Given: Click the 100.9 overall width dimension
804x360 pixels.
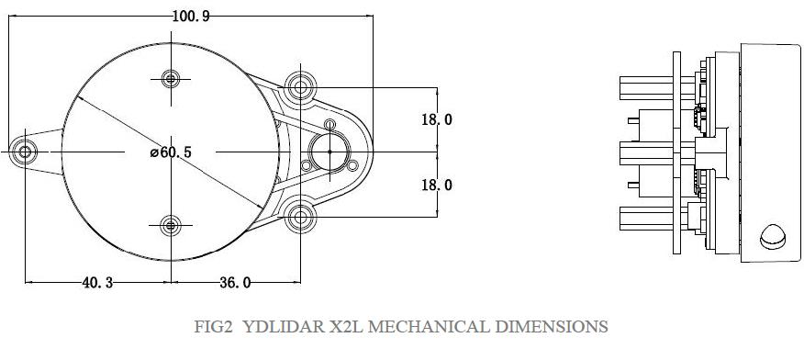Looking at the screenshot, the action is (191, 17).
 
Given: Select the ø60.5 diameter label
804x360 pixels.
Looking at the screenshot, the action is (171, 152).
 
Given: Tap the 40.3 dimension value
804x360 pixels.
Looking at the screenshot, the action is (97, 283).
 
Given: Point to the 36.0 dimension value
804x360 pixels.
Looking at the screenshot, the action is (235, 283).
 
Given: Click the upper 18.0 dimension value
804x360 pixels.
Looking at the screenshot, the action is (437, 119).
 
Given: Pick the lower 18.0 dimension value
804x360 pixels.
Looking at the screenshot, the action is (437, 185).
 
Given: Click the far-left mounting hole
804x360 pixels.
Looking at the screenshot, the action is (24, 152).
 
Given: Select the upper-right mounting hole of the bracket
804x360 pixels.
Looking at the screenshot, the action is (300, 86).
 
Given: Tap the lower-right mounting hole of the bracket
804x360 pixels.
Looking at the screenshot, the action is (300, 218).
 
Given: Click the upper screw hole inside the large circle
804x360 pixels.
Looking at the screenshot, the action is (171, 80).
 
